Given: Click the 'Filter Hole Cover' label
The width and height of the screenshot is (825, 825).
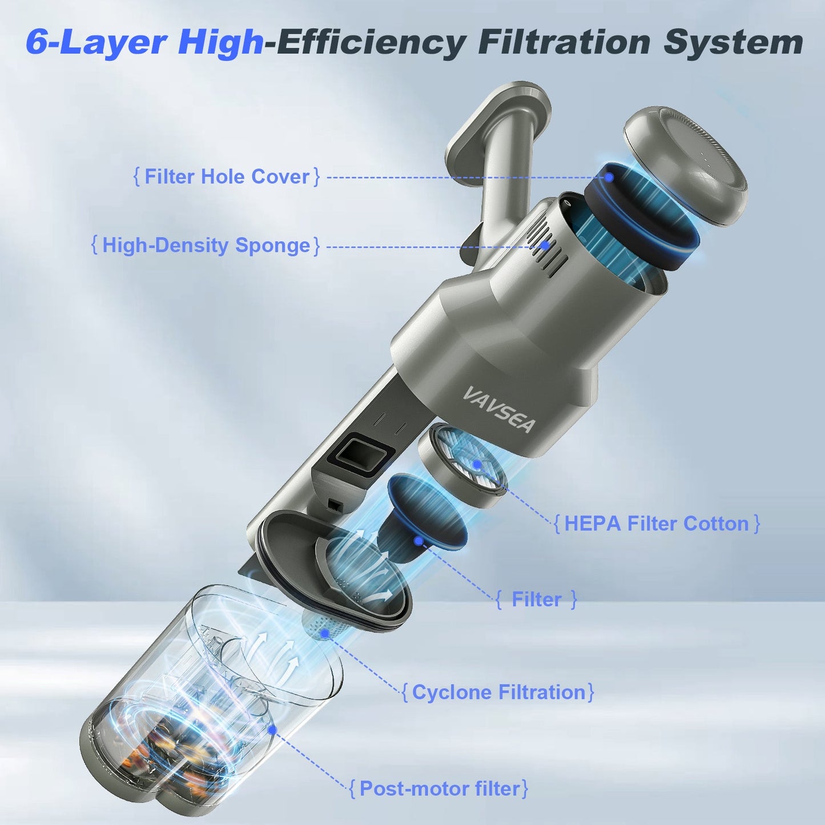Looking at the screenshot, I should pos(227,176).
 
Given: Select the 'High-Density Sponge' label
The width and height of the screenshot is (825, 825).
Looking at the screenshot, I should pos(206,246).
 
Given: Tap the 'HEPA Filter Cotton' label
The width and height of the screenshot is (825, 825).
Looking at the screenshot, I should pos(657,524).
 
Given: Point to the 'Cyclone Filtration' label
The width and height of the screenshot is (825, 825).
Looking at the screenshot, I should pos(498,692).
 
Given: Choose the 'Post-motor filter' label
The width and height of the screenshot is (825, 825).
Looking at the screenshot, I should pos(439,788).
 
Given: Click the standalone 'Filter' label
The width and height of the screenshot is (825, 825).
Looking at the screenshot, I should pos(536,599).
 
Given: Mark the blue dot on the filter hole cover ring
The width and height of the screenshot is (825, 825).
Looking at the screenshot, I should pos(609,177).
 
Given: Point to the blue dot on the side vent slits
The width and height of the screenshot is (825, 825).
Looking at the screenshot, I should pos(545,246).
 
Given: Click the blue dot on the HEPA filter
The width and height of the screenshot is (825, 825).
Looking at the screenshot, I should pos(477,465).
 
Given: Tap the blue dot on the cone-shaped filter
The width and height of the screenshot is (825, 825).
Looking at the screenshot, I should pos(418,540).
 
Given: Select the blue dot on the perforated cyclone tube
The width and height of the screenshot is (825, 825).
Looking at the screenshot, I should pos(325,633).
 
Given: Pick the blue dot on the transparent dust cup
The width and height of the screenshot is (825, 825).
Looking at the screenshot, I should pos(272,729).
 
